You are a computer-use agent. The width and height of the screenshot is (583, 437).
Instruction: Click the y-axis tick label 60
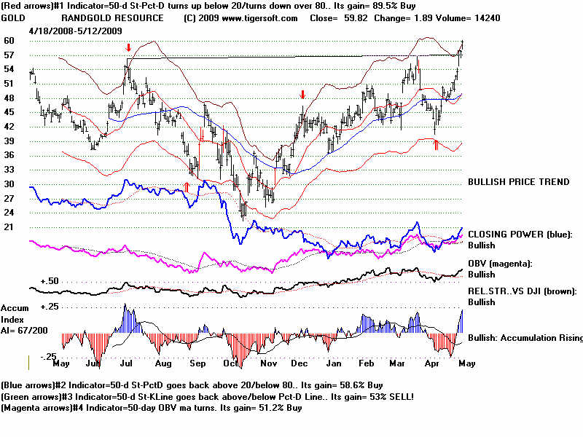(x=9, y=41)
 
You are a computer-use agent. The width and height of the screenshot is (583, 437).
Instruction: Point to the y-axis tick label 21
(x=9, y=227)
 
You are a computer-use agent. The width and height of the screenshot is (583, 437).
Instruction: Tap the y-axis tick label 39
(x=9, y=141)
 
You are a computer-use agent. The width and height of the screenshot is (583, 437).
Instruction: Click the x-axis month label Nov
(x=270, y=362)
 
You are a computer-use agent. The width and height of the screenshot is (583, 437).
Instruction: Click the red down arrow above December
(x=302, y=95)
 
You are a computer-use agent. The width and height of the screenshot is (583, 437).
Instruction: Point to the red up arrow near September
(x=187, y=186)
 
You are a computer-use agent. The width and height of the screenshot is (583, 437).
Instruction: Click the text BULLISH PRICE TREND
(x=519, y=181)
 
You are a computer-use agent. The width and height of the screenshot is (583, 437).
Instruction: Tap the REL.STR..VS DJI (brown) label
(x=522, y=291)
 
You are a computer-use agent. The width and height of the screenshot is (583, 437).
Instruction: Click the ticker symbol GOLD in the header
(x=15, y=17)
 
